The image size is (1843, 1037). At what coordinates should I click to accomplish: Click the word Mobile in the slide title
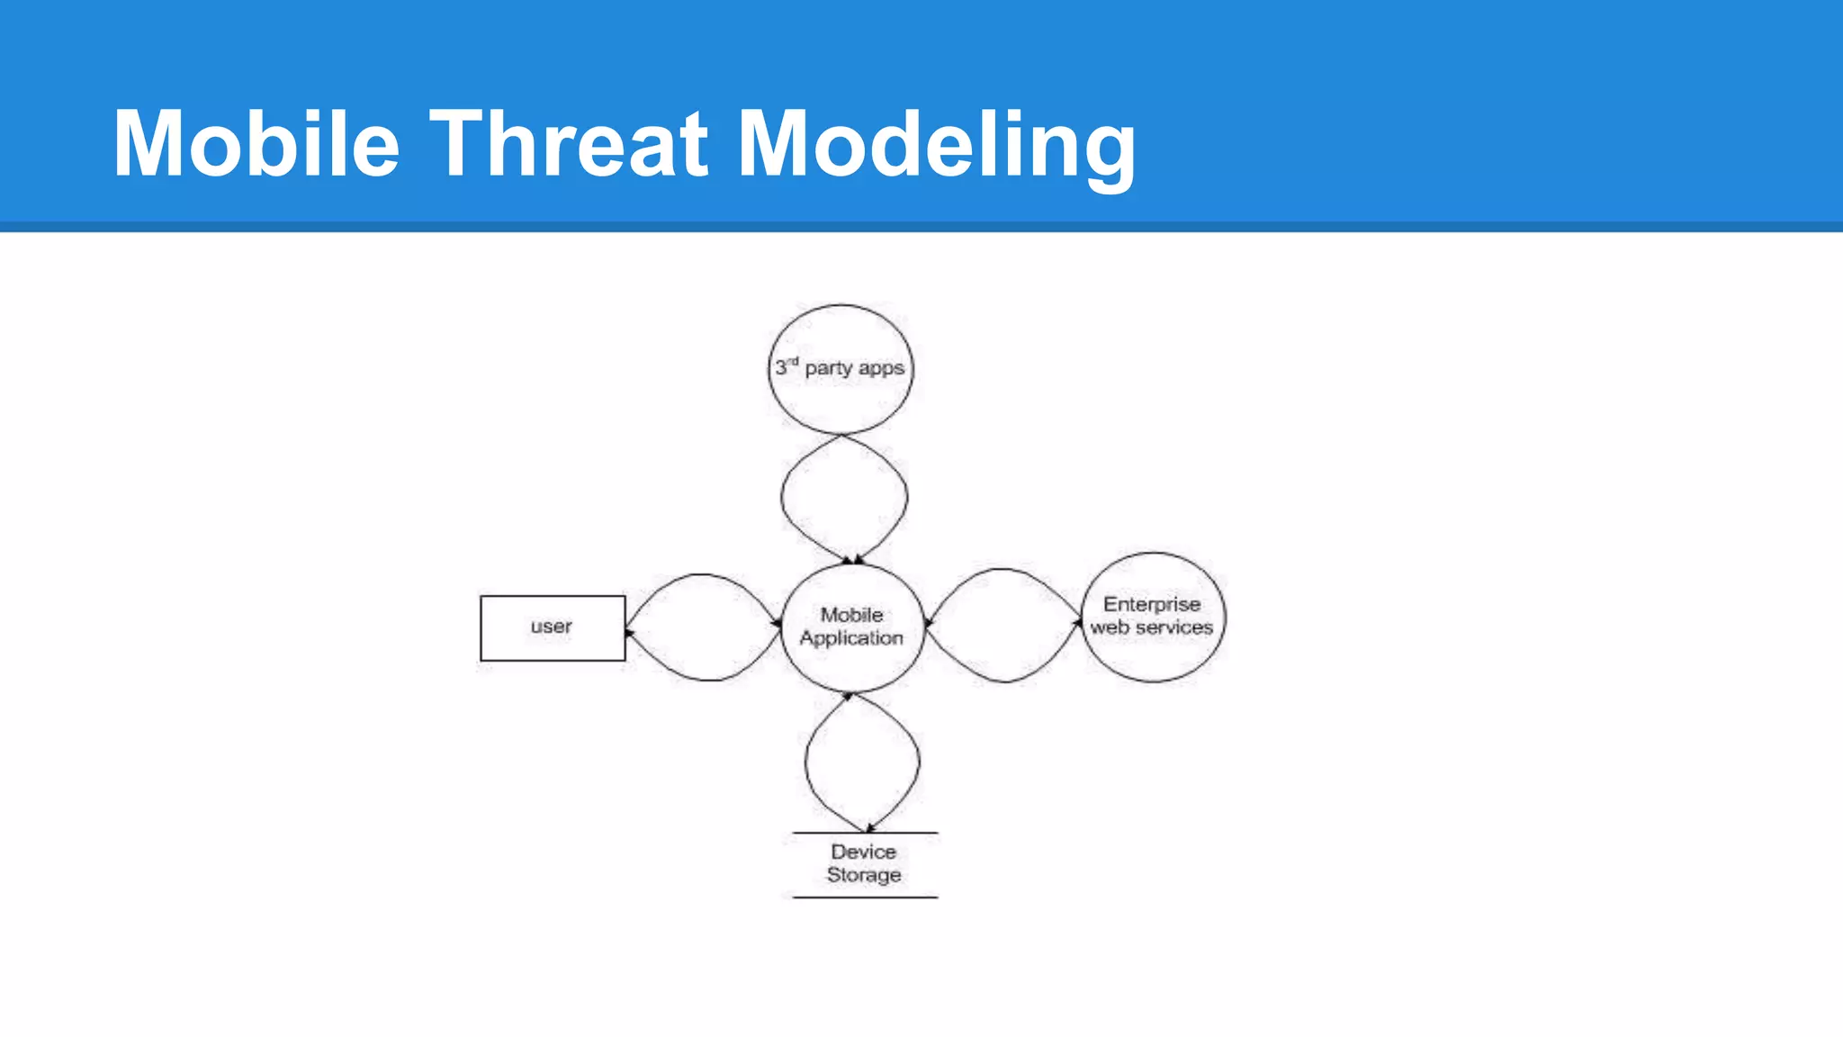click(x=256, y=144)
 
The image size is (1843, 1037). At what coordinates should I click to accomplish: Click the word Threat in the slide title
click(x=568, y=144)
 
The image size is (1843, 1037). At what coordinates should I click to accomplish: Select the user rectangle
click(x=552, y=627)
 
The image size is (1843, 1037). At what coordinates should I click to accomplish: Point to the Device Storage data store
click(x=864, y=864)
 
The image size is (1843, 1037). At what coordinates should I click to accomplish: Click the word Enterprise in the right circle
click(x=1152, y=604)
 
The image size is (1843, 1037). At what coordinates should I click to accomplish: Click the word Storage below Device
click(x=864, y=875)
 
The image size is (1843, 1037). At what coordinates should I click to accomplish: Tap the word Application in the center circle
click(x=851, y=638)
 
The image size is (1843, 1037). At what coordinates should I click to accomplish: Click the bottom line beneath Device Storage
click(x=864, y=897)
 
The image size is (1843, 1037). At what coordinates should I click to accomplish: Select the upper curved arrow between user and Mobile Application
click(x=702, y=575)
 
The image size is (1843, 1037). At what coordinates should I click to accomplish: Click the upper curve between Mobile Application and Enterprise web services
click(x=1002, y=570)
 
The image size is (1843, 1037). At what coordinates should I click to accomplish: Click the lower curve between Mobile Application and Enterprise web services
click(x=1003, y=681)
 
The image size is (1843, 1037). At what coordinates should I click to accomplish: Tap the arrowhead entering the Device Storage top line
click(x=869, y=828)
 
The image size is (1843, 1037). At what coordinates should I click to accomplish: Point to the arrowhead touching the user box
click(x=629, y=633)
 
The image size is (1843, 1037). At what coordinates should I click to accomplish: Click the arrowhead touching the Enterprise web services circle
click(x=1078, y=620)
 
